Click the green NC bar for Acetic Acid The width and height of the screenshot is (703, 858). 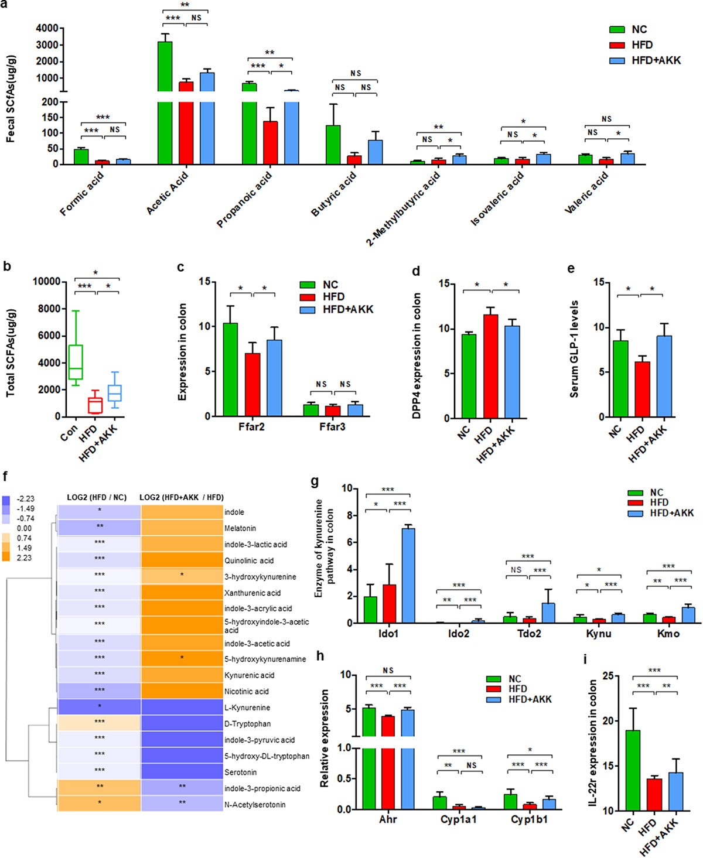coord(165,105)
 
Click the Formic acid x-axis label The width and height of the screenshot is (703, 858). coord(81,193)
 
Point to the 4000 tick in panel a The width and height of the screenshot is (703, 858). coord(47,28)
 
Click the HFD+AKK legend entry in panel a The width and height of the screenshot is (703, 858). coord(656,60)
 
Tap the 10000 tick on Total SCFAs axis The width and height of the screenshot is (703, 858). coord(46,282)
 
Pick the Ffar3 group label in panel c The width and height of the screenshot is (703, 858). coord(332,427)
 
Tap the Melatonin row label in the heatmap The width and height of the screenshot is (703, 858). coord(240,528)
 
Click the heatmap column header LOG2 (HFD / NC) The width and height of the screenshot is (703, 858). coord(97,497)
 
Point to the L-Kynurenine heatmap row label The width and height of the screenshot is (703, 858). coord(247,707)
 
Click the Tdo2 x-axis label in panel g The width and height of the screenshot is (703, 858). coord(529,633)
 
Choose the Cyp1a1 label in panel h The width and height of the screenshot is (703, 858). coord(459,819)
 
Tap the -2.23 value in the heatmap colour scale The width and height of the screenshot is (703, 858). coord(26,499)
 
